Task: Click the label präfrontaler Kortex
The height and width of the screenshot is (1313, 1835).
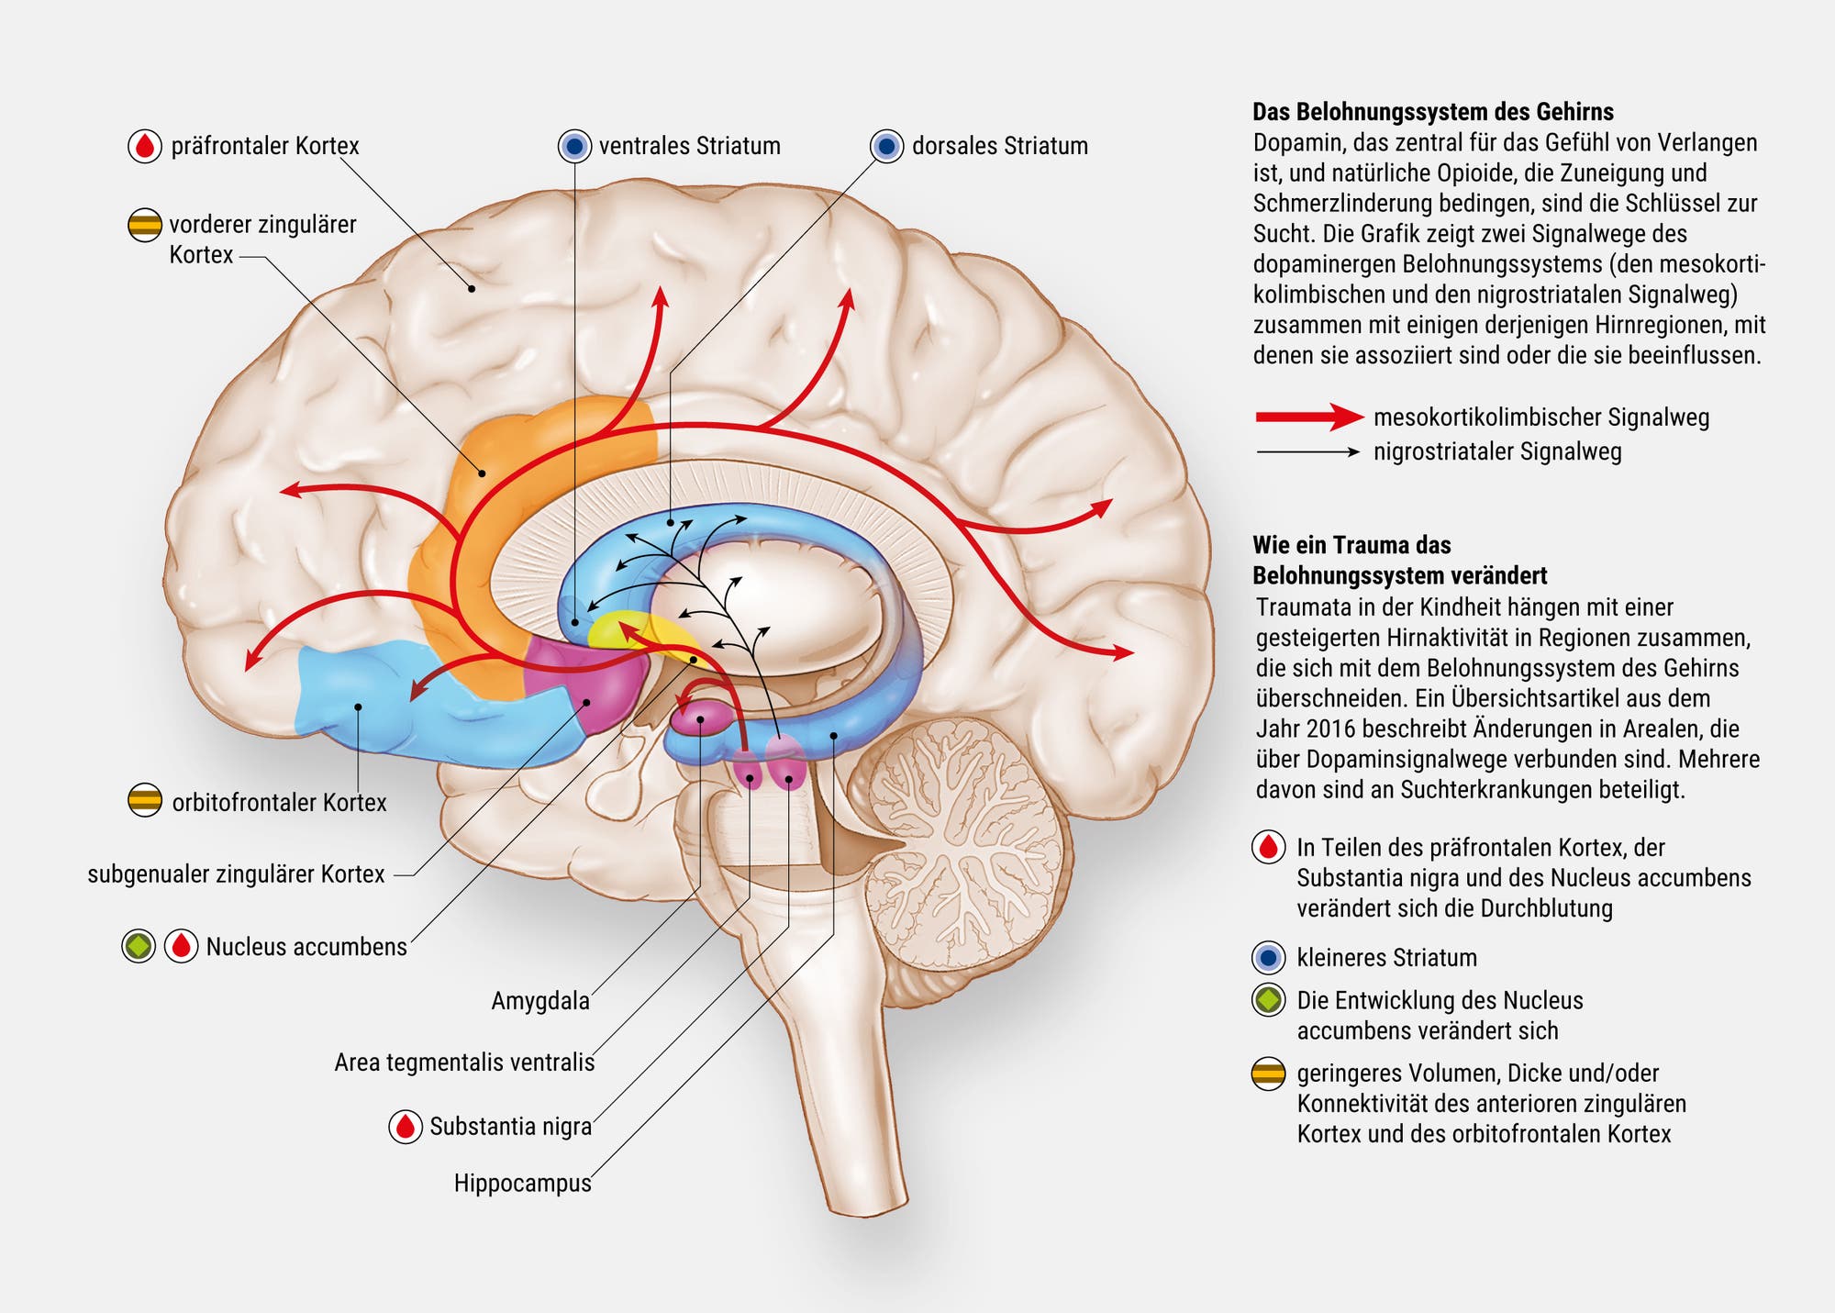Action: coord(264,146)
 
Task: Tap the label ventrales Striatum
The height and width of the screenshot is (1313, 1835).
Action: coord(689,146)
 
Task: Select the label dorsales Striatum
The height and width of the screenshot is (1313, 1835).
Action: coord(999,146)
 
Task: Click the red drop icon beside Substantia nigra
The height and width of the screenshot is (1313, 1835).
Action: coord(406,1126)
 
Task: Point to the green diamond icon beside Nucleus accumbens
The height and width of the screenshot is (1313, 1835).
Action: coord(139,946)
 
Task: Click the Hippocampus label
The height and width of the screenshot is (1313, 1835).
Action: coord(522,1183)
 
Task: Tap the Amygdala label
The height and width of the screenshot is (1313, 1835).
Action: coord(539,1000)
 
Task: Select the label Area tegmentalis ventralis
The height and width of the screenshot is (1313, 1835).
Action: coord(464,1063)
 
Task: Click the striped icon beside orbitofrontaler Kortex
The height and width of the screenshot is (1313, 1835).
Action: coord(145,801)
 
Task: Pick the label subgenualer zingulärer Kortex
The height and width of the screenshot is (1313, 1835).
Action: coord(236,873)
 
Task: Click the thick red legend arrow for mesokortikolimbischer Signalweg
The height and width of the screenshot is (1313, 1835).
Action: coord(1308,417)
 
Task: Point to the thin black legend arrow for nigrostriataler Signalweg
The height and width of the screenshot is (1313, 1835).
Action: coord(1307,451)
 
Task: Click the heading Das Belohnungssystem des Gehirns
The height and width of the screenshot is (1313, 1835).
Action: coord(1433,112)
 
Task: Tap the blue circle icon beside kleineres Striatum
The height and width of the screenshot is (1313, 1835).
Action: coord(1268,957)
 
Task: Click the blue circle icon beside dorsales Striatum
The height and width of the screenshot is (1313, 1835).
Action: coord(886,146)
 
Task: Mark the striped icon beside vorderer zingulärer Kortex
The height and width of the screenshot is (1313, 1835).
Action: coord(145,224)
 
